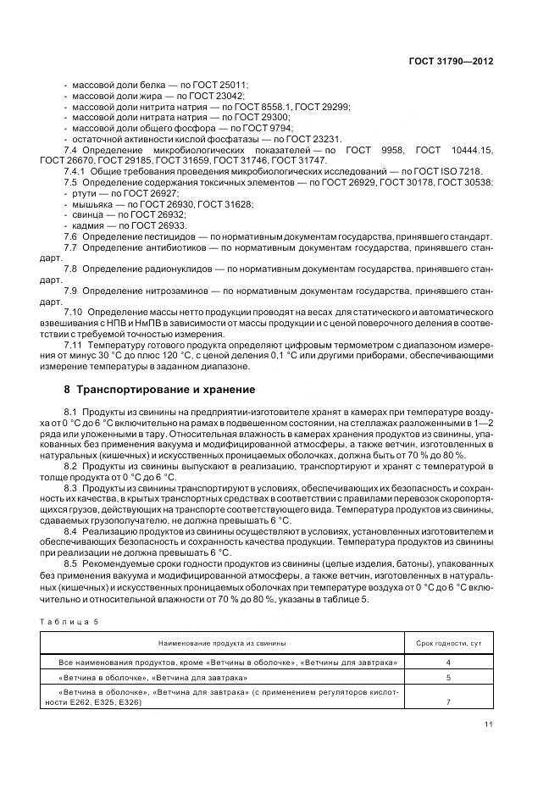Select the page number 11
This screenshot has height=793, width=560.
[x=488, y=724]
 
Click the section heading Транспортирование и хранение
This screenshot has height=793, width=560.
[x=159, y=389]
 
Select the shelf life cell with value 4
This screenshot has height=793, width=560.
[x=448, y=662]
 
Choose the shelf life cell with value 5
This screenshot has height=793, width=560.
[x=448, y=678]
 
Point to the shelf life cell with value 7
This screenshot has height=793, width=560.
[x=448, y=702]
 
